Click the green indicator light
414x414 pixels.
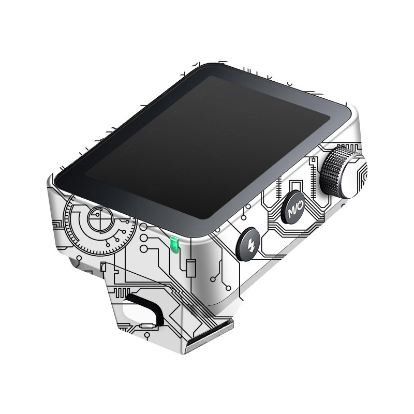174,244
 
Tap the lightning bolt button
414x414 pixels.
248,244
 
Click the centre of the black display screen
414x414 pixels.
207,147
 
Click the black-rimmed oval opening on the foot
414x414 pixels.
143,309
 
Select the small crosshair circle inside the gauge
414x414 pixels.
100,218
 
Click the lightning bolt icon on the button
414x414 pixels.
250,245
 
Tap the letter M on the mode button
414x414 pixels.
291,211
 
